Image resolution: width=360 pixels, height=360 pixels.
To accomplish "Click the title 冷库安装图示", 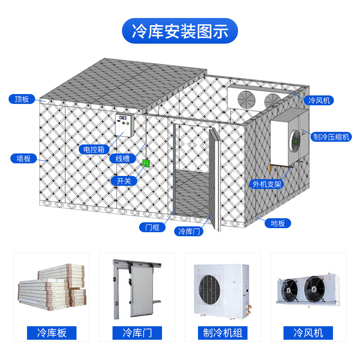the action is (180, 31).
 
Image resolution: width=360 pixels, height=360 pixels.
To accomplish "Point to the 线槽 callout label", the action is (122, 158).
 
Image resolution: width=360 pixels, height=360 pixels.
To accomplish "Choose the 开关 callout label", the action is (124, 181).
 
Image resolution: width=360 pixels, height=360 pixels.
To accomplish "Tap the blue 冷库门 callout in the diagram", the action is (189, 231).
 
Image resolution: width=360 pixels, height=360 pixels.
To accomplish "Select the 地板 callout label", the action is (278, 223).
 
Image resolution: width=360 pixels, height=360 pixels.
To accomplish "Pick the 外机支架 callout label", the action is (267, 184).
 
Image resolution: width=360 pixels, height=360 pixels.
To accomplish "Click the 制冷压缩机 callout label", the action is (332, 137).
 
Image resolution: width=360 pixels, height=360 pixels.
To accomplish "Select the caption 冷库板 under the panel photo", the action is (52, 333).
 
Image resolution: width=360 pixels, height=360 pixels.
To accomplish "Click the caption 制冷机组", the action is (223, 333).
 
